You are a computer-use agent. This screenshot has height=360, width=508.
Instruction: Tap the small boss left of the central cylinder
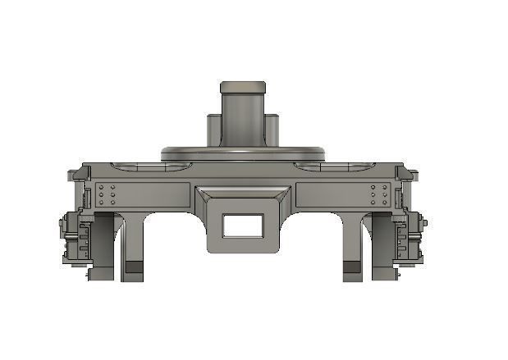point(213,130)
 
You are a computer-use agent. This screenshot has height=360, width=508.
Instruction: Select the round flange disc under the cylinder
point(243,153)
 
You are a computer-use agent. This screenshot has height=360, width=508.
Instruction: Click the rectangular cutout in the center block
point(243,226)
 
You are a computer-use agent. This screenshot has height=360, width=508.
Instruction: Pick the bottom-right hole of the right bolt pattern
point(385,203)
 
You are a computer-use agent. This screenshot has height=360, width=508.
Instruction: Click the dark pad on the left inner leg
point(133,267)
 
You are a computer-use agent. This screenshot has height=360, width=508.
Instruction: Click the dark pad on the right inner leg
point(351,267)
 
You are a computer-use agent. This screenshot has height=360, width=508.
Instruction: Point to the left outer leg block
point(102,246)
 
